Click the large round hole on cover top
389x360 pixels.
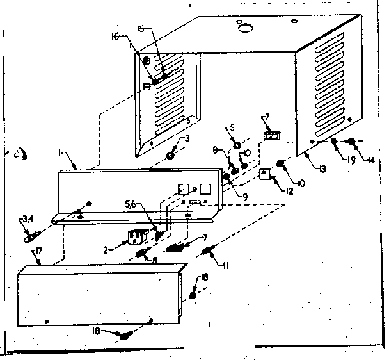click(244, 28)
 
